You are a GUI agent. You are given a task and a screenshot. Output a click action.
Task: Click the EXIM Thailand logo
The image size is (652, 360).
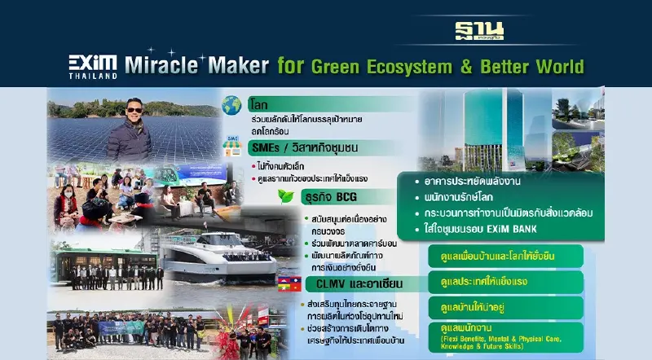92,65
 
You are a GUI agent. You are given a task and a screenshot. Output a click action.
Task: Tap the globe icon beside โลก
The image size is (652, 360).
231,106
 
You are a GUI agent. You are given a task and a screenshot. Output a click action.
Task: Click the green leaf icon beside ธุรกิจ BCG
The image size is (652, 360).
285,195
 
